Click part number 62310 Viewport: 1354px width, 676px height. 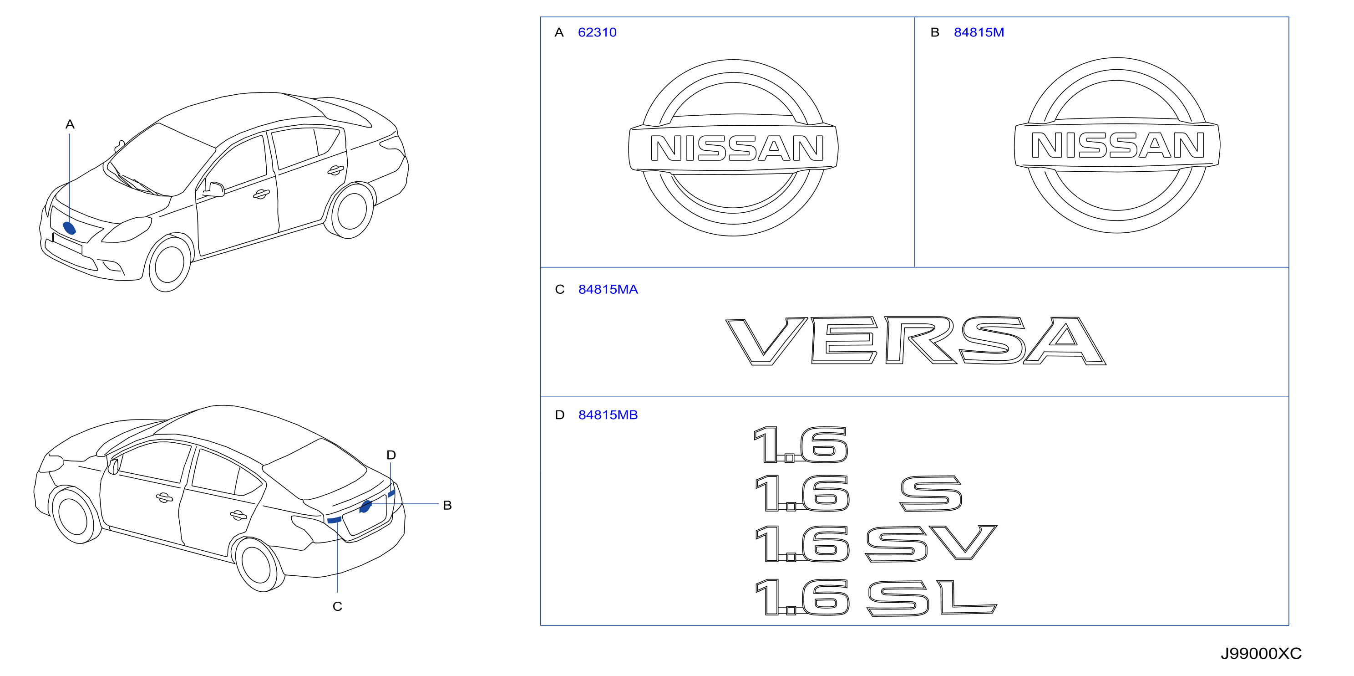coord(597,33)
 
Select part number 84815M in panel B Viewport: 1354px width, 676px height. coord(979,33)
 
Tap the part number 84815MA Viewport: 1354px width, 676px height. coord(608,289)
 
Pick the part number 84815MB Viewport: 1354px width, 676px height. coord(608,415)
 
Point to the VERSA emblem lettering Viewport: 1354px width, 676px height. coord(916,340)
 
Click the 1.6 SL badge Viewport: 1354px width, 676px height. coord(876,597)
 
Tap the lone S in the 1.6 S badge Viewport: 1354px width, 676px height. coord(931,493)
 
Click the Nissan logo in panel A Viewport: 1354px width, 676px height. coord(733,148)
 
